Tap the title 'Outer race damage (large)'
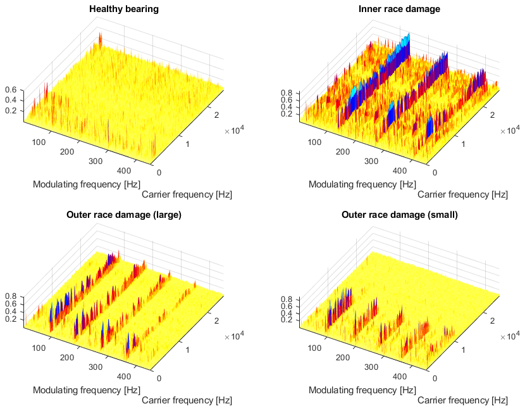[124, 215]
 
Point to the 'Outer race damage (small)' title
[399, 215]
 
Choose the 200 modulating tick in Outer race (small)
[343, 357]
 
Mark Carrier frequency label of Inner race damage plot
[462, 194]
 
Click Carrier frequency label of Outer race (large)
[187, 400]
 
